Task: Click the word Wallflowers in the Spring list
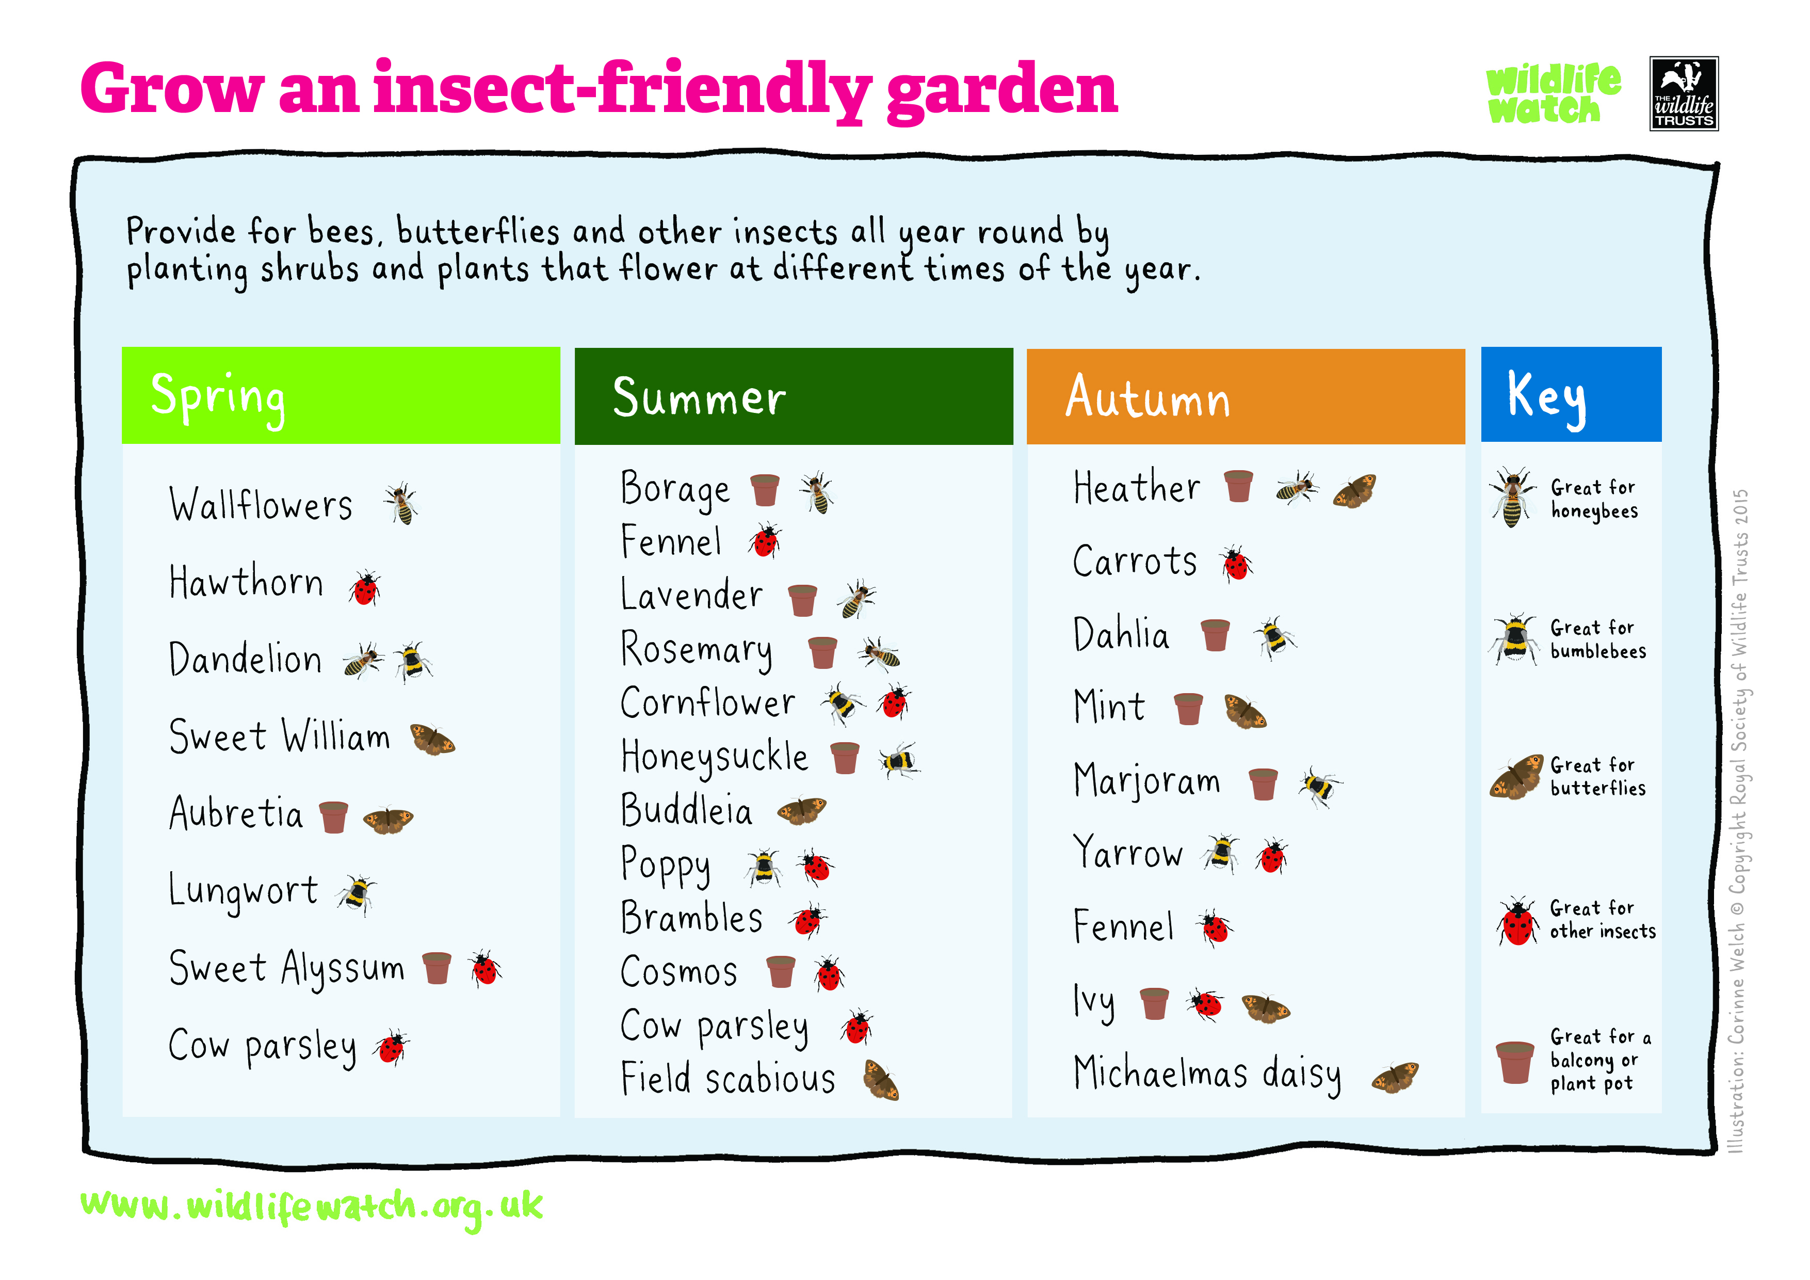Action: (x=261, y=505)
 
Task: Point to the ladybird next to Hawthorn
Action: (x=365, y=587)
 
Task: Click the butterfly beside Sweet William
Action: (x=432, y=740)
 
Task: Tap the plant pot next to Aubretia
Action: (x=333, y=817)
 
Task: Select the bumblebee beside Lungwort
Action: (x=357, y=894)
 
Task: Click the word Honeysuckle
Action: (x=714, y=757)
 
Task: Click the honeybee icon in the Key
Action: (x=1512, y=497)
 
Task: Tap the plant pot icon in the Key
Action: (x=1514, y=1062)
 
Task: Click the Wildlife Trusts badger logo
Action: (x=1684, y=93)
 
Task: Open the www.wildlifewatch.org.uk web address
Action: (x=312, y=1207)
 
